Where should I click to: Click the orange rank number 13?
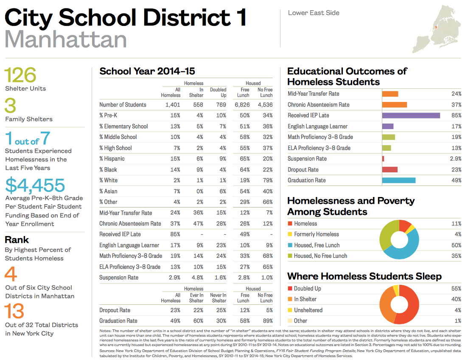tap(14, 312)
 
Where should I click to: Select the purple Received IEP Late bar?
tap(411, 115)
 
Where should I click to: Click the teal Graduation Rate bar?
tap(398, 180)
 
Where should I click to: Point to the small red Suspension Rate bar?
tap(383, 158)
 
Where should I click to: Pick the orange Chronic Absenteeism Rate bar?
tap(394, 104)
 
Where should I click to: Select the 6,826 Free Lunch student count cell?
tap(242, 104)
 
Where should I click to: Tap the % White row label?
tap(109, 180)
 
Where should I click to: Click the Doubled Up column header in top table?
tap(218, 92)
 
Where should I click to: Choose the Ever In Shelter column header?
tap(196, 298)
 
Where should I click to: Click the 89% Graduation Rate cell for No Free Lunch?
tap(266, 321)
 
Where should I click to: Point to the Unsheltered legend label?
tap(308, 310)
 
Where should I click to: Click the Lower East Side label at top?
tap(314, 13)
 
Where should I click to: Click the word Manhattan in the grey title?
tap(66, 39)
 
